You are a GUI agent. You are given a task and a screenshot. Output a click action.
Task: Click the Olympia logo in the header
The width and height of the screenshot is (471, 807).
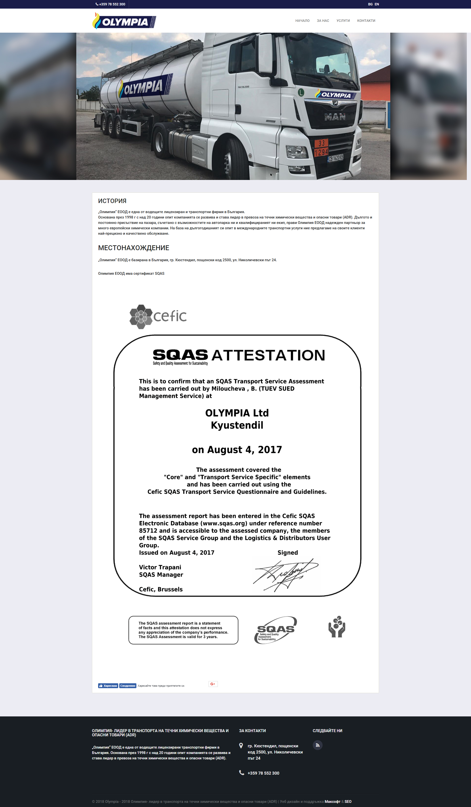pyautogui.click(x=124, y=21)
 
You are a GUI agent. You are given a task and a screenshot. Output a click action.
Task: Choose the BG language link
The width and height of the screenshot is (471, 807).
pyautogui.click(x=370, y=4)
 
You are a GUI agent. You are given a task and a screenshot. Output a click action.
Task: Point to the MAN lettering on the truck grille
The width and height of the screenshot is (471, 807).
pyautogui.click(x=335, y=117)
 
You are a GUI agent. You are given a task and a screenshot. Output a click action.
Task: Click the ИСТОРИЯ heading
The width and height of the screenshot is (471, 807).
pyautogui.click(x=112, y=201)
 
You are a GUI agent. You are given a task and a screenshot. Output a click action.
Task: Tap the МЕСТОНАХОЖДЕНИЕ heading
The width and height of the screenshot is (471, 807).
pyautogui.click(x=133, y=248)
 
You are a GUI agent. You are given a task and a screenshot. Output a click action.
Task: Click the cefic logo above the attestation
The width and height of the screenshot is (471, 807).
pyautogui.click(x=158, y=316)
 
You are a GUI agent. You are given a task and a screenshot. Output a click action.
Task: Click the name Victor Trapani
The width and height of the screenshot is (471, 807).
pyautogui.click(x=160, y=567)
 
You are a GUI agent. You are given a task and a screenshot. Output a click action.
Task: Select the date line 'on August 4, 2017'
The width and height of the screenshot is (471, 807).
pyautogui.click(x=237, y=450)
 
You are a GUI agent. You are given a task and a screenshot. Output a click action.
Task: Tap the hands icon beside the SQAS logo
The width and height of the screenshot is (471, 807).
pyautogui.click(x=337, y=627)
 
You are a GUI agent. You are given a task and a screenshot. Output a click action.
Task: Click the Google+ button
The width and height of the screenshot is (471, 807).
pyautogui.click(x=213, y=684)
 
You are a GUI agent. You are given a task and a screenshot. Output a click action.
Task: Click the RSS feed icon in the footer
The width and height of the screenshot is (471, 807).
pyautogui.click(x=317, y=745)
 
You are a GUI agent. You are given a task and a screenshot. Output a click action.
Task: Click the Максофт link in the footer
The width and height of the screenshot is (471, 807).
pyautogui.click(x=332, y=802)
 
